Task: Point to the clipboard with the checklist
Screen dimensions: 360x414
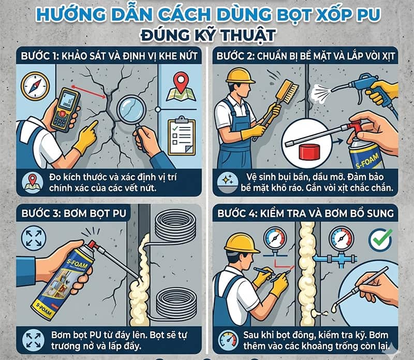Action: coord(182,136)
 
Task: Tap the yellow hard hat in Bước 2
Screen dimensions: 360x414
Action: coord(241,76)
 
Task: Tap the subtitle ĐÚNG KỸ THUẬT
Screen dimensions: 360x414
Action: coord(207,35)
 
